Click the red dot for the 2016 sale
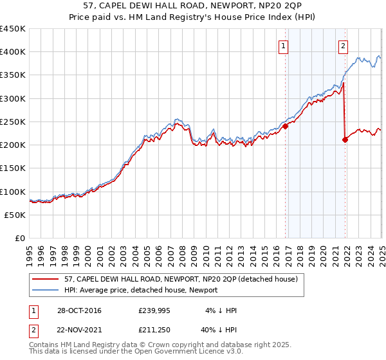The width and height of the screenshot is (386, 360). tap(286, 126)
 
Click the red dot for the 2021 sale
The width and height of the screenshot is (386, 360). tap(345, 139)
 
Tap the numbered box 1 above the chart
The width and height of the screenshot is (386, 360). tap(284, 46)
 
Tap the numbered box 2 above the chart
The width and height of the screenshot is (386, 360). tap(344, 46)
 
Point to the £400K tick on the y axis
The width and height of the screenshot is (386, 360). tap(13, 52)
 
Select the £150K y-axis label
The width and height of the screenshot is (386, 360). tap(13, 168)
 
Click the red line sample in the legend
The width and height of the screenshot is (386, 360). tap(46, 280)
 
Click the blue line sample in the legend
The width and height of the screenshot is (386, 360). tap(46, 290)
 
